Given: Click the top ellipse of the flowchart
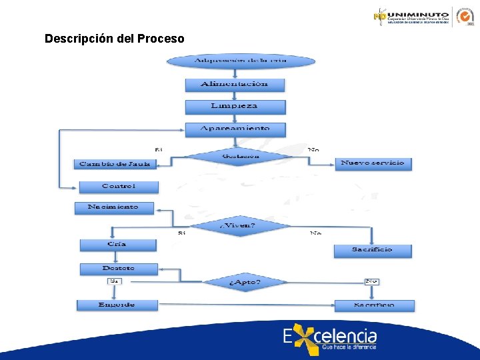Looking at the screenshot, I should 240,61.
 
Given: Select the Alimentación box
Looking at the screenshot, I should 235,84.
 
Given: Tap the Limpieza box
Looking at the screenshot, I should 235,106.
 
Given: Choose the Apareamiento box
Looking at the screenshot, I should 235,128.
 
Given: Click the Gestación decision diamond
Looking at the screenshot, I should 240,156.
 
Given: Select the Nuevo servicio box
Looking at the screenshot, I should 373,163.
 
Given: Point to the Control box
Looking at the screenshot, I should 119,186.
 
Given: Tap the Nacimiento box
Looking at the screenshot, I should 114,207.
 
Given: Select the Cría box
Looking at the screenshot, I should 117,245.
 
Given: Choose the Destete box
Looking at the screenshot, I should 119,269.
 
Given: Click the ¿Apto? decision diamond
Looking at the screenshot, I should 245,282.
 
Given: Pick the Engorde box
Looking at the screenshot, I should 117,305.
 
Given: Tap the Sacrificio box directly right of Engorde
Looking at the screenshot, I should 373,305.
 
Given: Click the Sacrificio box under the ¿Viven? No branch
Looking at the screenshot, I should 372,250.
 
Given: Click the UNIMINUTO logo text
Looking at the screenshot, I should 419,13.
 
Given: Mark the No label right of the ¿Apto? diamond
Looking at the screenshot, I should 371,281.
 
